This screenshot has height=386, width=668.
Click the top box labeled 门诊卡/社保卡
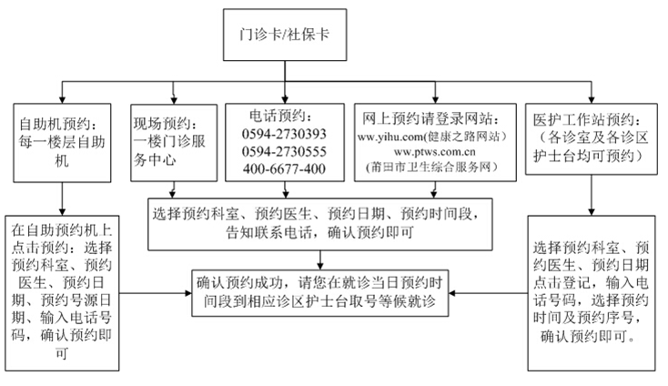tap(285, 35)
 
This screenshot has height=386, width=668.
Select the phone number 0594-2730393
tap(284, 134)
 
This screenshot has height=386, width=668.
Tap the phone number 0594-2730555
tap(284, 152)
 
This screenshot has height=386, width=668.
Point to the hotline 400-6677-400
tap(284, 169)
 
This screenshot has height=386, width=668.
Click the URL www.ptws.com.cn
tap(434, 152)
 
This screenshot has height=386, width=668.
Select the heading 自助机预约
tap(55, 125)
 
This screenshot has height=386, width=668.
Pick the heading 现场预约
tap(162, 124)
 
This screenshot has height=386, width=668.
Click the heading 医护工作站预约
tap(584, 119)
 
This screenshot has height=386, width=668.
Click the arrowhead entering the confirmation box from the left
tap(187, 293)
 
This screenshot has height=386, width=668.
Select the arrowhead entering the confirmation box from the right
tap(452, 293)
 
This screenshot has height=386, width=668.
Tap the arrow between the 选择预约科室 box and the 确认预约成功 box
tap(320, 259)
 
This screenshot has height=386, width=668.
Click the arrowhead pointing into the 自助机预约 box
tap(62, 100)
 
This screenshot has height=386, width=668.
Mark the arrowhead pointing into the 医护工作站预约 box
tap(592, 100)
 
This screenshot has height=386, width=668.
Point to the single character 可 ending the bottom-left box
tap(62, 353)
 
